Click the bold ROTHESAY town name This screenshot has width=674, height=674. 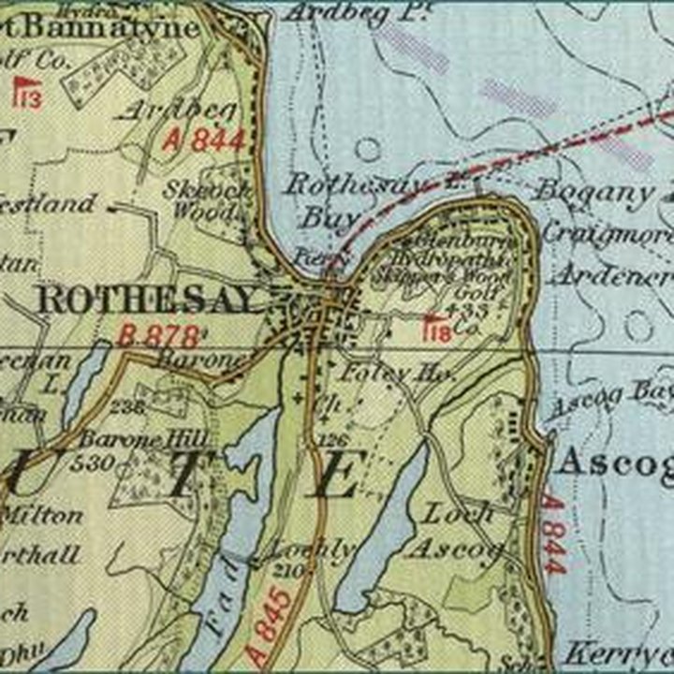(148, 300)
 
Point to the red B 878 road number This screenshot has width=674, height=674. (159, 335)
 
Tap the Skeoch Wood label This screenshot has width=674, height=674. (208, 198)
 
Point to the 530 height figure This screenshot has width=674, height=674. (98, 462)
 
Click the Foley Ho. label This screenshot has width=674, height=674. (385, 373)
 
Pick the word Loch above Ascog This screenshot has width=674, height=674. (459, 512)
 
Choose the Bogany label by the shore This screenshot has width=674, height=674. (594, 193)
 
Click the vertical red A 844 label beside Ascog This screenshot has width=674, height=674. (553, 535)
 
